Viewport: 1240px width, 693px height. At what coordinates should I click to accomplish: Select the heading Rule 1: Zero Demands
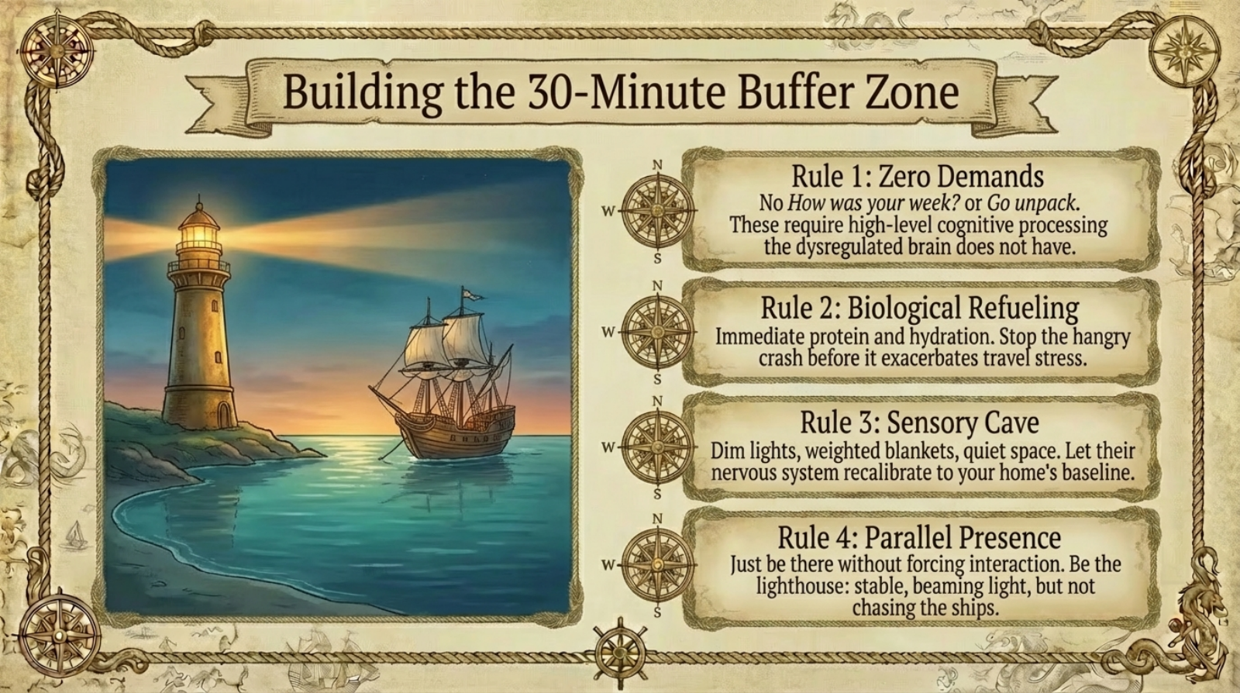click(x=918, y=177)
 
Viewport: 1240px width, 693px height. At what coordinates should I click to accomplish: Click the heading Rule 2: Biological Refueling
click(x=920, y=308)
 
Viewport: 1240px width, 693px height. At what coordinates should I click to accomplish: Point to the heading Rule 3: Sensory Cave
click(x=919, y=423)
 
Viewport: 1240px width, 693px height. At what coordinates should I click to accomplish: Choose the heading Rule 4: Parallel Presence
click(x=919, y=537)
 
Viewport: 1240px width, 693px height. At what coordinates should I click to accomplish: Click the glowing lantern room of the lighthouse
click(x=198, y=233)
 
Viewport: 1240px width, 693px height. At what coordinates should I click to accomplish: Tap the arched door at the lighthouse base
click(x=224, y=415)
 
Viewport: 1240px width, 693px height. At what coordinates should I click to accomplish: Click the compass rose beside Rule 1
click(x=658, y=210)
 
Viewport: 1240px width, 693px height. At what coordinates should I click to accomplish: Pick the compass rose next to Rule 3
click(x=658, y=446)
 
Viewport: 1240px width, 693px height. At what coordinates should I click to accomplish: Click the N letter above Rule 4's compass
click(x=658, y=519)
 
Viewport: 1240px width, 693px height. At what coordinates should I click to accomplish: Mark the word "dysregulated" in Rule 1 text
click(x=849, y=247)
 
